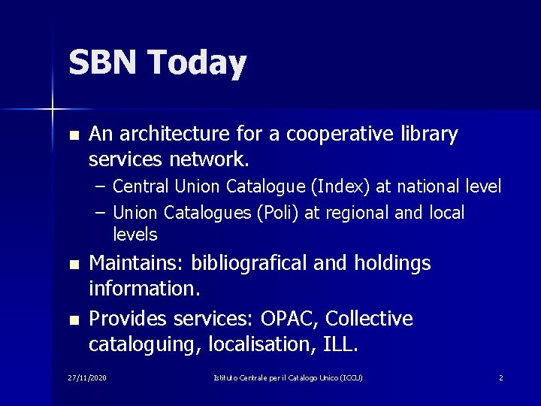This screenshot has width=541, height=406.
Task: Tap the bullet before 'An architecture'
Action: (73, 136)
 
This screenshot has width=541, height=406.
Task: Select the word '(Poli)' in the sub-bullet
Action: (280, 214)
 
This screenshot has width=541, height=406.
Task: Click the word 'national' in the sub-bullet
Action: (425, 186)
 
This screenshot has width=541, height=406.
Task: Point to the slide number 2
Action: (500, 377)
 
